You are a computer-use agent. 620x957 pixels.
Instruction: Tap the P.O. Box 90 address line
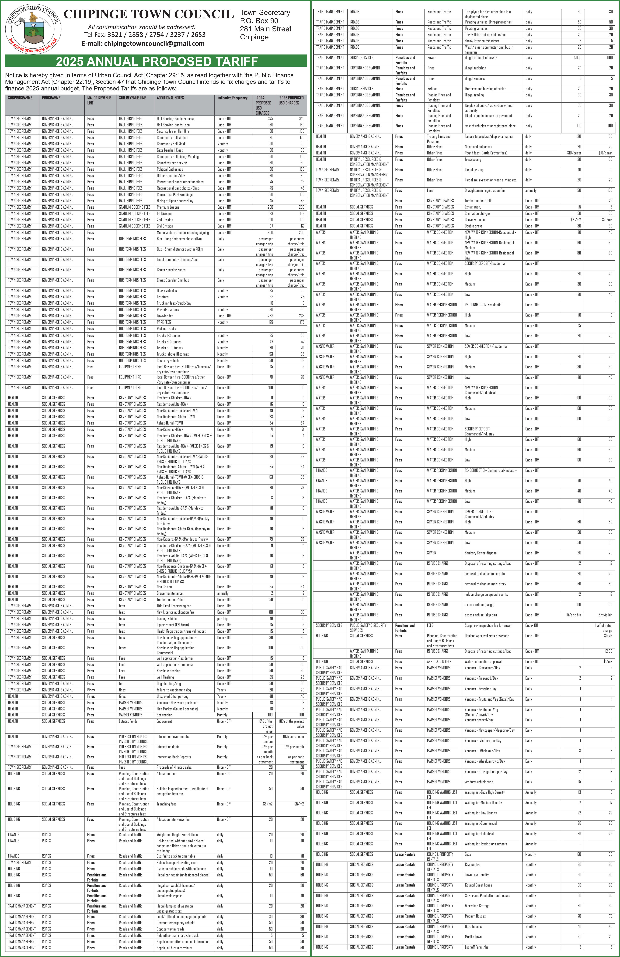point(259,20)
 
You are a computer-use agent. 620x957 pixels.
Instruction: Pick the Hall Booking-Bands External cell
point(176,119)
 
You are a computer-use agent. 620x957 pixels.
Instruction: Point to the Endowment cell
point(164,721)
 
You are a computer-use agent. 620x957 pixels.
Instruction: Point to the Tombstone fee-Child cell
point(478,201)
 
